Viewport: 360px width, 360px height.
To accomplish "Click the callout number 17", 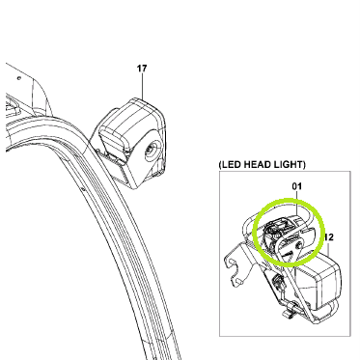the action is click(x=142, y=69).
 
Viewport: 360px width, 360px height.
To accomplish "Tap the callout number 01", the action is click(x=297, y=186).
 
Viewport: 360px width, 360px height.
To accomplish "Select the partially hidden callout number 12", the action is click(x=329, y=237).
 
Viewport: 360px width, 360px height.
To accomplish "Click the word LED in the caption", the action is click(x=231, y=165).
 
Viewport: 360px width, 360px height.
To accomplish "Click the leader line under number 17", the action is click(x=142, y=86).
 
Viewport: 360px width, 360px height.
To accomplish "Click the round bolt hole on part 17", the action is click(x=151, y=149).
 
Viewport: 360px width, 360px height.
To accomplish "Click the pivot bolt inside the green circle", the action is click(x=300, y=244).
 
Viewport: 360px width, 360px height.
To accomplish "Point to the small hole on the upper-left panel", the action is click(x=19, y=78).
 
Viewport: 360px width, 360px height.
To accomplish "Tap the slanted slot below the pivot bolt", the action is click(x=289, y=254).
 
